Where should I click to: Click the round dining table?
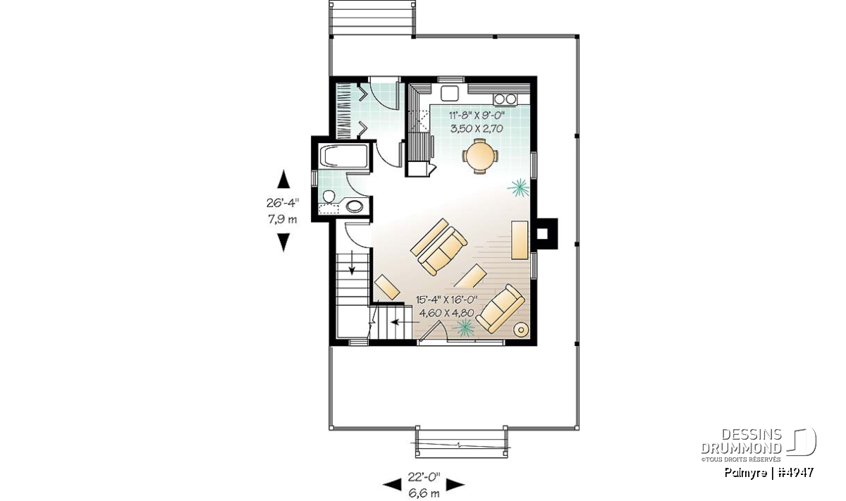pos(480,156)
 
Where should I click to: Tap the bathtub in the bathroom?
pos(343,156)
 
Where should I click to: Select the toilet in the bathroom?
pos(329,197)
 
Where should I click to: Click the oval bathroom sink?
pos(354,206)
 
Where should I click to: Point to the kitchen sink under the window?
pos(450,93)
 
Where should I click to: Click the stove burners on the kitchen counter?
pos(505,99)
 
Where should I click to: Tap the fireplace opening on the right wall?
pos(542,234)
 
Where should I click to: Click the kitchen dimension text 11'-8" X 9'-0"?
pos(477,115)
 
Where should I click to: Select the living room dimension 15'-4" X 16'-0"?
pos(447,299)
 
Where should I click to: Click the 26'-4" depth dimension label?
pos(283,203)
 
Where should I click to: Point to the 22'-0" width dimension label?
pos(424,477)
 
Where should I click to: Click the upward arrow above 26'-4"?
pos(283,179)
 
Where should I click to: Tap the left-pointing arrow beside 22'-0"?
pos(392,484)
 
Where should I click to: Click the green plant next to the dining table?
pos(518,188)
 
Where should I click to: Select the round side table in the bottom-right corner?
pos(521,330)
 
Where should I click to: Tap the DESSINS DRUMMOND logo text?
pos(741,441)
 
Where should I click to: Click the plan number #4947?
pos(796,473)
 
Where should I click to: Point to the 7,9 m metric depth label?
pos(283,219)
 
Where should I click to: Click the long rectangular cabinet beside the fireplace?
pos(520,240)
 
